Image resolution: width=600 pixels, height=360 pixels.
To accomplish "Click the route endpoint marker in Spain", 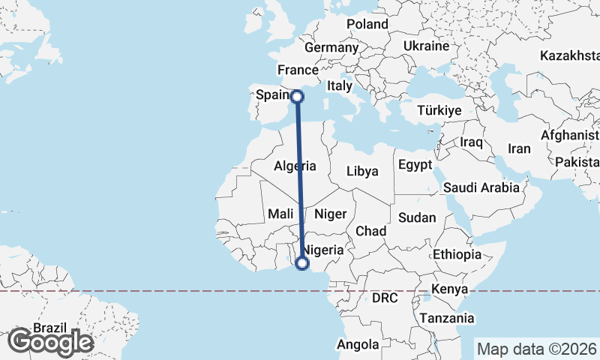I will coord(297,96).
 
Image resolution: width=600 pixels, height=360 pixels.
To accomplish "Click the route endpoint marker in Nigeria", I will coord(302,263).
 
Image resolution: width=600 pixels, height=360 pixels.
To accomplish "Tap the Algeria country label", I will coord(295,166).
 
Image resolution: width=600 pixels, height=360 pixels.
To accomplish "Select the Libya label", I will coord(362,171).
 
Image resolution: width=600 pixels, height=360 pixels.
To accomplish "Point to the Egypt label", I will coord(415,164).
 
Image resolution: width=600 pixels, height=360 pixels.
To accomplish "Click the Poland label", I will coord(367,24).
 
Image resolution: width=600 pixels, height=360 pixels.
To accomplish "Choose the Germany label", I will coord(331,47).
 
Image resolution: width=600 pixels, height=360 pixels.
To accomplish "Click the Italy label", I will coord(340,86).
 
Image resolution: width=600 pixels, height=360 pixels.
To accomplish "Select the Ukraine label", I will coord(426,46).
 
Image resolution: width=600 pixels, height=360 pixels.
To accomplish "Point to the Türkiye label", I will coord(439,110).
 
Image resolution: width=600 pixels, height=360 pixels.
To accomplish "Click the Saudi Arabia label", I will coord(481,187).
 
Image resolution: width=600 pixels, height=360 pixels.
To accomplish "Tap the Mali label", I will coord(280,214).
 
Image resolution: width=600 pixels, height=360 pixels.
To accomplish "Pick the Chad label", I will coord(370,231).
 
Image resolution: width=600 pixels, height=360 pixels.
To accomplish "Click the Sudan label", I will coord(417,217).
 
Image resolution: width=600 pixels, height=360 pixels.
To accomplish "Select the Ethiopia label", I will coord(457,254).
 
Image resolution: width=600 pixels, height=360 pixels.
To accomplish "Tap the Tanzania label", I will coord(447,318).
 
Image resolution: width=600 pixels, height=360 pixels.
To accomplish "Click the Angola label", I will coord(358,345).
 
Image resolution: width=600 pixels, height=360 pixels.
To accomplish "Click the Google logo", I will coord(50,342).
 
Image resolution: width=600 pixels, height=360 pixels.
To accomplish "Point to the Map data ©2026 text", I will coord(536,349).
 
